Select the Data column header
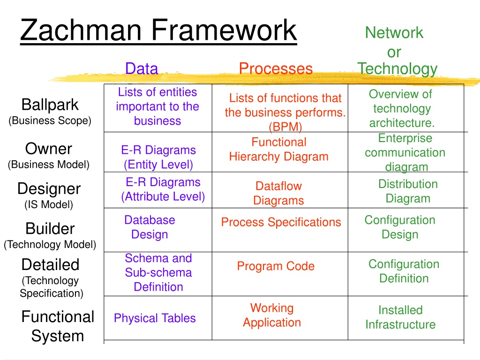(142, 68)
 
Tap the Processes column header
(276, 68)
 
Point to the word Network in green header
(394, 32)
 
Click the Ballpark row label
(50, 105)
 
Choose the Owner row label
(49, 149)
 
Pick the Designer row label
(49, 189)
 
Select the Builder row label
(50, 228)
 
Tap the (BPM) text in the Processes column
(285, 127)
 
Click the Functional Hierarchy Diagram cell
(278, 150)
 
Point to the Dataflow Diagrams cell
(278, 193)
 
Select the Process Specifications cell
(281, 222)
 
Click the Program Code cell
(276, 266)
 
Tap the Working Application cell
(272, 315)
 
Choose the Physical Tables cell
(155, 318)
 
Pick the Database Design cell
(150, 227)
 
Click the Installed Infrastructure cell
(400, 317)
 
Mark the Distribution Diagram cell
(408, 191)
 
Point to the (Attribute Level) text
(163, 196)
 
